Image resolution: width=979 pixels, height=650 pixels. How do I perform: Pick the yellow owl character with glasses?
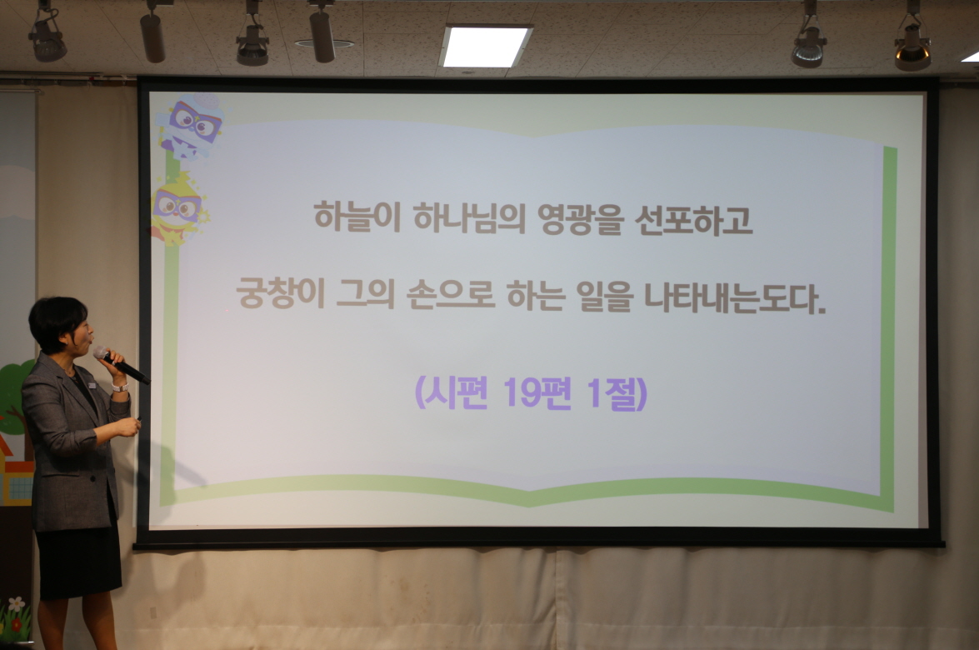point(177,208)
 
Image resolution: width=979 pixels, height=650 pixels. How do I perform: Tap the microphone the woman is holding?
point(121,364)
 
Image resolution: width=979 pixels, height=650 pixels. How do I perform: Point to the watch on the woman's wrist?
point(120,387)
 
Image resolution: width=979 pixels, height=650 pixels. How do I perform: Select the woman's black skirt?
point(79,558)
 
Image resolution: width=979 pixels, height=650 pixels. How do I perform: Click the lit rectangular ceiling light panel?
point(486,46)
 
